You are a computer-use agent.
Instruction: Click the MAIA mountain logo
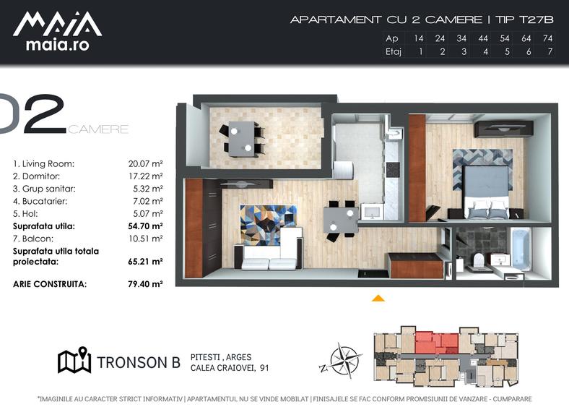point(57,24)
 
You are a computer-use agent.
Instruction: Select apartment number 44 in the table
point(483,38)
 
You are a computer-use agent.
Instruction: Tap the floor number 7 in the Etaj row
point(550,51)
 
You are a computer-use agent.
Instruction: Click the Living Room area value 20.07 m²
point(145,164)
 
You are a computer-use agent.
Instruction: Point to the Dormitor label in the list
point(36,176)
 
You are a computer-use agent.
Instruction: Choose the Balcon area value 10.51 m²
point(145,239)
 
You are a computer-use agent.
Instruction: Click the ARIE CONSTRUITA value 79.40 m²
point(145,284)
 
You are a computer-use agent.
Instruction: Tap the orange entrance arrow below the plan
point(378,299)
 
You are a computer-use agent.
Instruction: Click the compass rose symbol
point(341,361)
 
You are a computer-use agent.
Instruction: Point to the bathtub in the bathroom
point(521,249)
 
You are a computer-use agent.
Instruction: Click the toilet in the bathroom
point(479,260)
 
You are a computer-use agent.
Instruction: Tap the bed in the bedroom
point(486,192)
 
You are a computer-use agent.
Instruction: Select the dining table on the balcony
point(242,139)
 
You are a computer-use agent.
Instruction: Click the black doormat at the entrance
point(373,273)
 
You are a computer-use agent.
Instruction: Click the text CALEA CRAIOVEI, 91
point(230,368)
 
